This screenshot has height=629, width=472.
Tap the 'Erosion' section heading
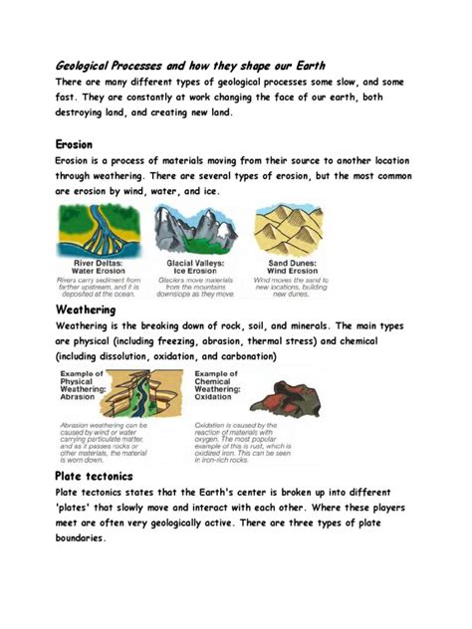click(75, 144)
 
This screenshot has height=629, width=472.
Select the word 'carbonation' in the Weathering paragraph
click(238, 356)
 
